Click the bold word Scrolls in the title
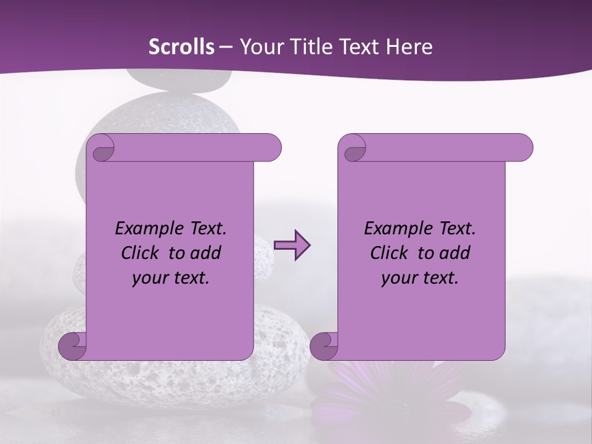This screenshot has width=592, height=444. [x=181, y=47]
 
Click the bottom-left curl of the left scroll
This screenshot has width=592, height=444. [x=73, y=345]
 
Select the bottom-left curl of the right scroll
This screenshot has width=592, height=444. [x=324, y=345]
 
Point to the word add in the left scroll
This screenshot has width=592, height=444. [x=206, y=253]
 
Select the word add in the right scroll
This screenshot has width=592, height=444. [x=455, y=253]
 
